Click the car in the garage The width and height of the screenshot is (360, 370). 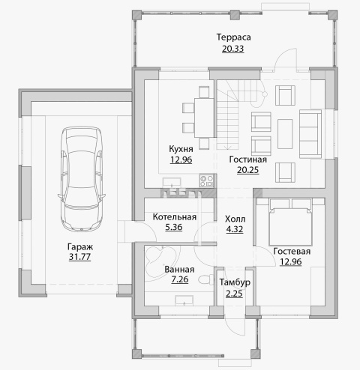pyautogui.click(x=82, y=179)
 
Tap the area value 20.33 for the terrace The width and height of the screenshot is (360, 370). pyautogui.click(x=232, y=49)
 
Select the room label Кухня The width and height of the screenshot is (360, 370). pyautogui.click(x=181, y=149)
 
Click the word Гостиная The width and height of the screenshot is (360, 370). pyautogui.click(x=247, y=160)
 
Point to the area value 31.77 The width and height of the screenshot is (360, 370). pyautogui.click(x=79, y=257)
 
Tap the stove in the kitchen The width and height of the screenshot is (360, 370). pyautogui.click(x=206, y=181)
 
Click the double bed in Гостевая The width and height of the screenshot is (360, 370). pyautogui.click(x=290, y=222)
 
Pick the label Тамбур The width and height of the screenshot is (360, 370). pyautogui.click(x=235, y=282)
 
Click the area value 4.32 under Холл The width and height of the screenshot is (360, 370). pyautogui.click(x=235, y=229)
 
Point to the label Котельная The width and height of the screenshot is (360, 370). pyautogui.click(x=175, y=216)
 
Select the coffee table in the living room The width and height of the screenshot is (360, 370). pyautogui.click(x=285, y=134)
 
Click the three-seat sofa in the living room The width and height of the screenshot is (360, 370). pyautogui.click(x=310, y=134)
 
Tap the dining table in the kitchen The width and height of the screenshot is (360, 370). pyautogui.click(x=204, y=118)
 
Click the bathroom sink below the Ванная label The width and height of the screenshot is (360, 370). pyautogui.click(x=184, y=300)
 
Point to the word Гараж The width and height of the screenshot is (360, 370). pyautogui.click(x=80, y=247)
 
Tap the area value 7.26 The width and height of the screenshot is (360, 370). pyautogui.click(x=180, y=279)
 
